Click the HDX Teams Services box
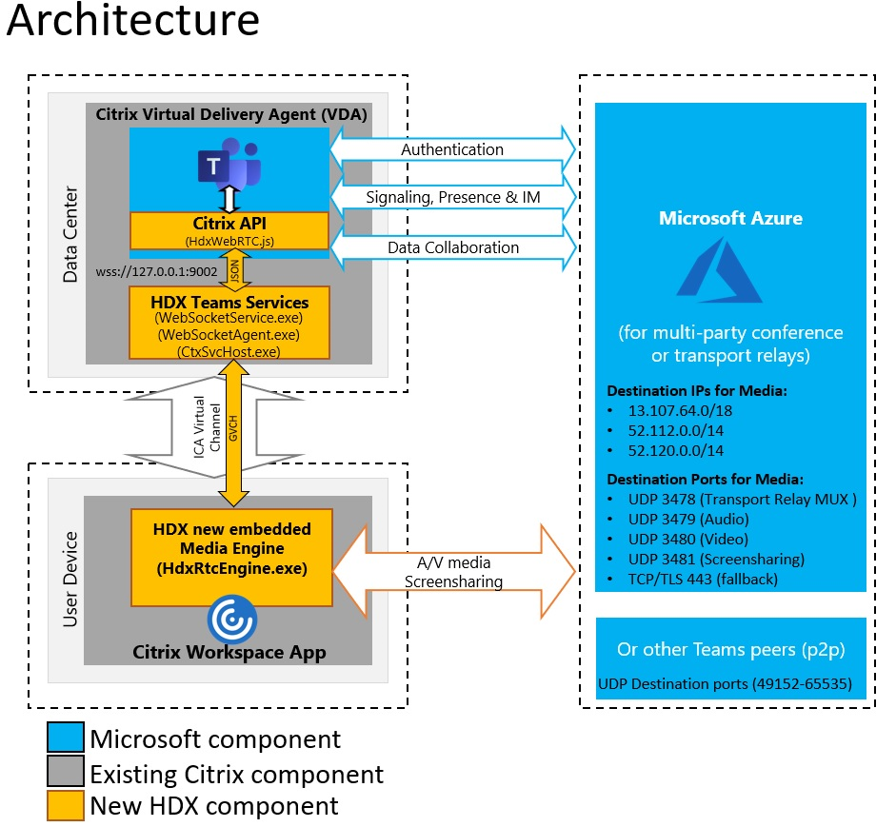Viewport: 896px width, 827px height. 229,324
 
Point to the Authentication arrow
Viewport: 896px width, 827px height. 452,149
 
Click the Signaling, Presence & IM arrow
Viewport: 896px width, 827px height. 452,198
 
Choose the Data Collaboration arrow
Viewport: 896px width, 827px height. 452,247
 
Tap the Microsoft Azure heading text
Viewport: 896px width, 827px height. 731,218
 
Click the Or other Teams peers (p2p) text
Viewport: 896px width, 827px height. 730,649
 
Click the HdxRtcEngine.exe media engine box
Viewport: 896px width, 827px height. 231,557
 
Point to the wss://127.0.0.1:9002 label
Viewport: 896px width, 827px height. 157,270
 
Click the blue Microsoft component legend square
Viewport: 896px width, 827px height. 65,739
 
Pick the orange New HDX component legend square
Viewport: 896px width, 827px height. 65,806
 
